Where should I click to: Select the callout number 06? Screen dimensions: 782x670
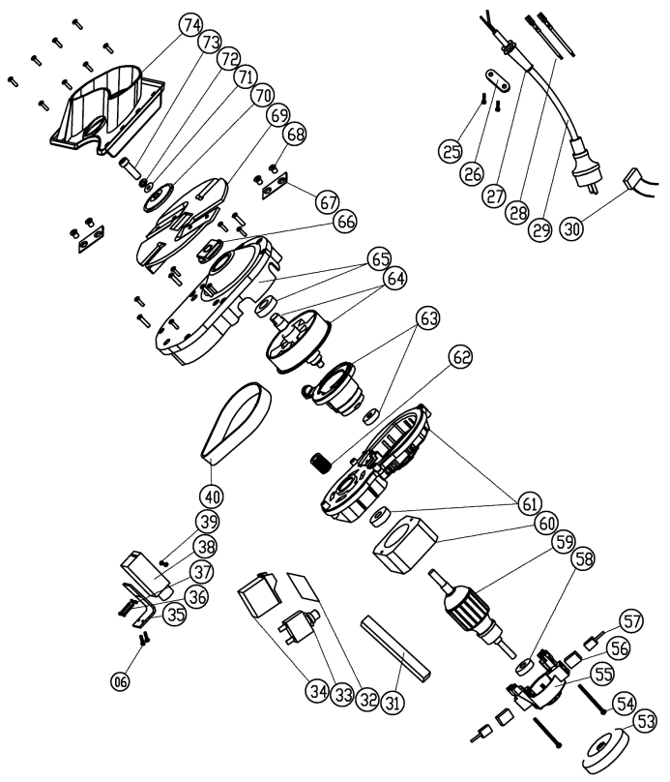[120, 680]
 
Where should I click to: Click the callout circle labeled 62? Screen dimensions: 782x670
[461, 357]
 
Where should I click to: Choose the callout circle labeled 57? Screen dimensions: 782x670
[631, 618]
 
